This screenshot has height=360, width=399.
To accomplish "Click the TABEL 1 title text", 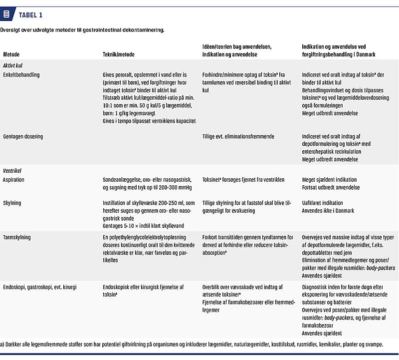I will coord(30,14).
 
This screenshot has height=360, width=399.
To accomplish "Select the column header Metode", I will coord(11,54).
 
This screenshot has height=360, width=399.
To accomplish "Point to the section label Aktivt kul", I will coord(12,65).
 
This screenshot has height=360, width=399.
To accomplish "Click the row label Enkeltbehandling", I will coord(21,75).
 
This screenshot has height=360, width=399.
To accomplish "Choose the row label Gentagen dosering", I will coord(23,136).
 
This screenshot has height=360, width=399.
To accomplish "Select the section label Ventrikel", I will coord(12,170).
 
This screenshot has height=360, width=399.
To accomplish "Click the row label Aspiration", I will coord(14,179).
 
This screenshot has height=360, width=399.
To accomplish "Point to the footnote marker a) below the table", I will coord(2,344).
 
